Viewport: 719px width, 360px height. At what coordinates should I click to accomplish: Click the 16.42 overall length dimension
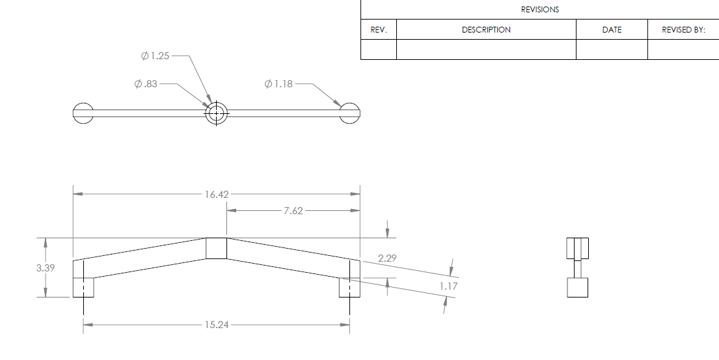[216, 194]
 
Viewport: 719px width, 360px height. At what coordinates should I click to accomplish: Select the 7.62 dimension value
[293, 211]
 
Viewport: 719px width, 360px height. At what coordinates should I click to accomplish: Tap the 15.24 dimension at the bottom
[216, 325]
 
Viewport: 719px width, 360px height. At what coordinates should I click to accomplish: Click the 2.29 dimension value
[387, 258]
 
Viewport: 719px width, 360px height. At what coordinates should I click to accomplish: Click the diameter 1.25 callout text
[156, 56]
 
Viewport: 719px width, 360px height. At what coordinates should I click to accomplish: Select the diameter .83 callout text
[146, 84]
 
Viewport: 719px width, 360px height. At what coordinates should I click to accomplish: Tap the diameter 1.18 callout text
[279, 84]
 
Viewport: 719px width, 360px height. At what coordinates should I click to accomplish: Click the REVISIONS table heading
[539, 10]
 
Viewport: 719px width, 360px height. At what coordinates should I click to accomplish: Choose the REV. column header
[378, 30]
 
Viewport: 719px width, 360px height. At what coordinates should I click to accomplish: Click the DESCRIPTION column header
[486, 30]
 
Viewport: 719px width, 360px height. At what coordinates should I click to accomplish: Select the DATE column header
[612, 30]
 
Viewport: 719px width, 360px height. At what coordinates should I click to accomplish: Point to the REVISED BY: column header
[683, 30]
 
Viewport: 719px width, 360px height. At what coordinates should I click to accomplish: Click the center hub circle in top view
[216, 114]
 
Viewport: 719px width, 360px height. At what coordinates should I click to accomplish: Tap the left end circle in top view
[83, 113]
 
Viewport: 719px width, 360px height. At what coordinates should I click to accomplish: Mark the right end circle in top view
[350, 113]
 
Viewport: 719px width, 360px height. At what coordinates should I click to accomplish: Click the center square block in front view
[216, 249]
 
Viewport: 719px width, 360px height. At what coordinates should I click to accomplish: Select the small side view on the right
[577, 268]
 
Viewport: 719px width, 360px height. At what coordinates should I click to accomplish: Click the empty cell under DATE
[612, 49]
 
